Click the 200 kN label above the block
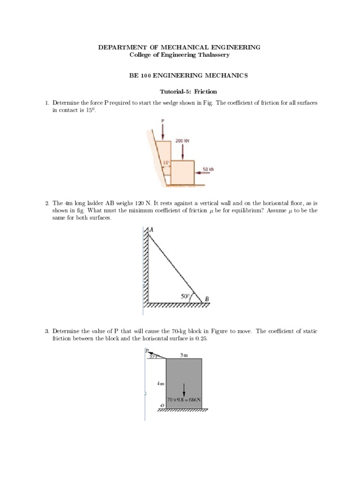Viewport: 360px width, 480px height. (182, 140)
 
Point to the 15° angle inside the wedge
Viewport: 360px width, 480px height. (165, 163)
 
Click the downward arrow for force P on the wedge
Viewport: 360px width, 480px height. (163, 131)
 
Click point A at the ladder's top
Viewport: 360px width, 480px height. (151, 230)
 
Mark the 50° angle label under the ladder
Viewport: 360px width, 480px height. (185, 296)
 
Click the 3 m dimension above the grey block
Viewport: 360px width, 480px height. (184, 355)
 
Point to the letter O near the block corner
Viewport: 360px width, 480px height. (162, 405)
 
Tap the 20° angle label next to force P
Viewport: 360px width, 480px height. (153, 356)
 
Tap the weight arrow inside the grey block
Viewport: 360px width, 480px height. (184, 389)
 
